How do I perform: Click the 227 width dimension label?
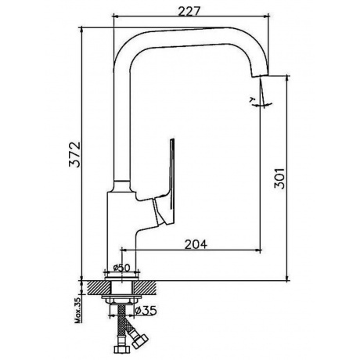[x=189, y=11]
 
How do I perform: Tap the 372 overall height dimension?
[x=74, y=154]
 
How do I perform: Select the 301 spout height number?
[x=279, y=178]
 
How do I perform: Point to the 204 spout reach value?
[x=196, y=244]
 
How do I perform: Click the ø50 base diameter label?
[x=122, y=268]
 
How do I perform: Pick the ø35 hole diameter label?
[x=146, y=311]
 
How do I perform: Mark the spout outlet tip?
[x=260, y=74]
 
